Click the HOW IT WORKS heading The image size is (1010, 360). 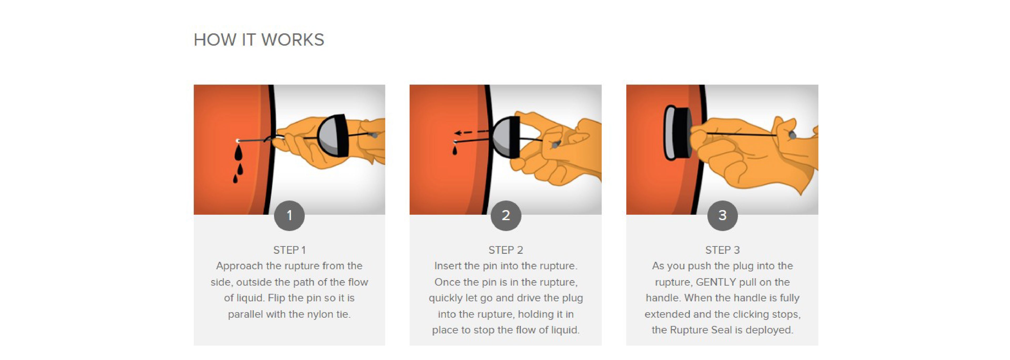pos(259,40)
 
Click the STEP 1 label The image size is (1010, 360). pos(289,250)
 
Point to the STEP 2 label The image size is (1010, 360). pos(506,250)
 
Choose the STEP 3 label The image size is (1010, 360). pos(722,250)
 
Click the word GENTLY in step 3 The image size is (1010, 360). pos(716,282)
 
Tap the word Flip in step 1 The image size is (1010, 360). pos(276,298)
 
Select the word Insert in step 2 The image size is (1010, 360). pos(448,266)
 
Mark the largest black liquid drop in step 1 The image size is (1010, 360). pos(238,153)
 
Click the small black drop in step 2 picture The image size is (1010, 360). pos(455,150)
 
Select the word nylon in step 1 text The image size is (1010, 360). pos(315,314)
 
